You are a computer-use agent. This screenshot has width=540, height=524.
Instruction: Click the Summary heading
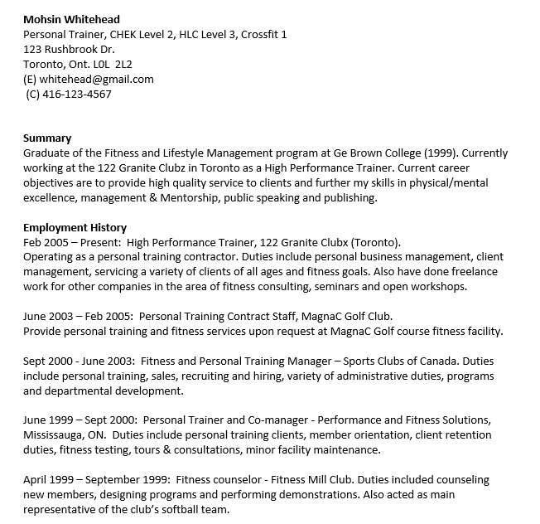[x=47, y=138]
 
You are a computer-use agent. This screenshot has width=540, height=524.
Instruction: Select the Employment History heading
[x=75, y=228]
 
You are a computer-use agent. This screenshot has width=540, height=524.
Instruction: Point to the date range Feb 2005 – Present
[x=70, y=243]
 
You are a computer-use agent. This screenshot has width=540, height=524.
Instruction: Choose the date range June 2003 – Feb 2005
[x=77, y=317]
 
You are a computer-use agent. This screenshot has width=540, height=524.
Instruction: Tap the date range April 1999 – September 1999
[x=92, y=480]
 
